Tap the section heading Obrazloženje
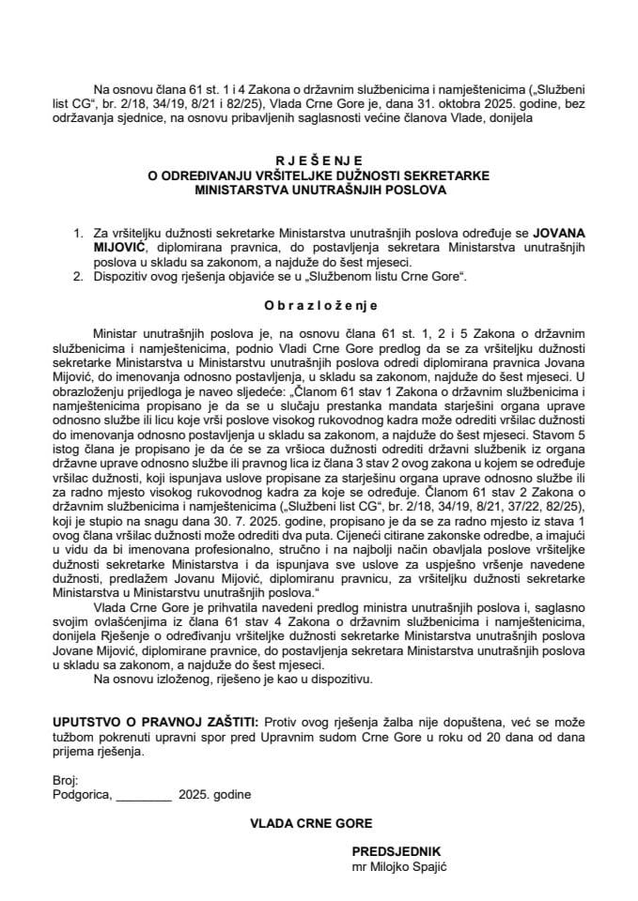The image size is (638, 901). pos(319,305)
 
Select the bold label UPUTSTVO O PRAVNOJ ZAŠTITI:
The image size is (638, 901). pos(155,721)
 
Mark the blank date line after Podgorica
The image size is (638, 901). pos(145,796)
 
